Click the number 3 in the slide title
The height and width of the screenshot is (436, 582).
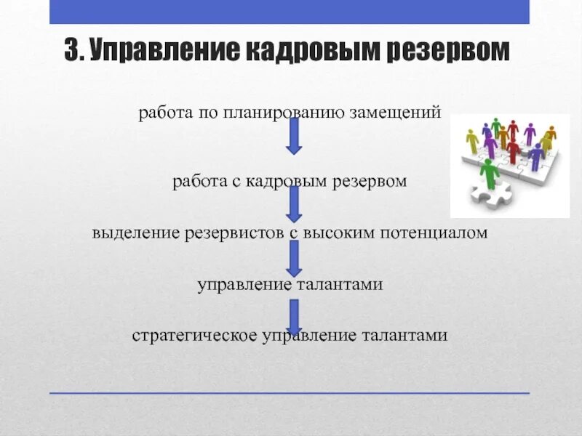tap(71, 52)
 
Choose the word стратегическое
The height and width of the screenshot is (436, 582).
tap(189, 336)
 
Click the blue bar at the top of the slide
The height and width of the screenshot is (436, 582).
tap(290, 12)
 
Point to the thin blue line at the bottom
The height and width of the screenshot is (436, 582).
tap(290, 393)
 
